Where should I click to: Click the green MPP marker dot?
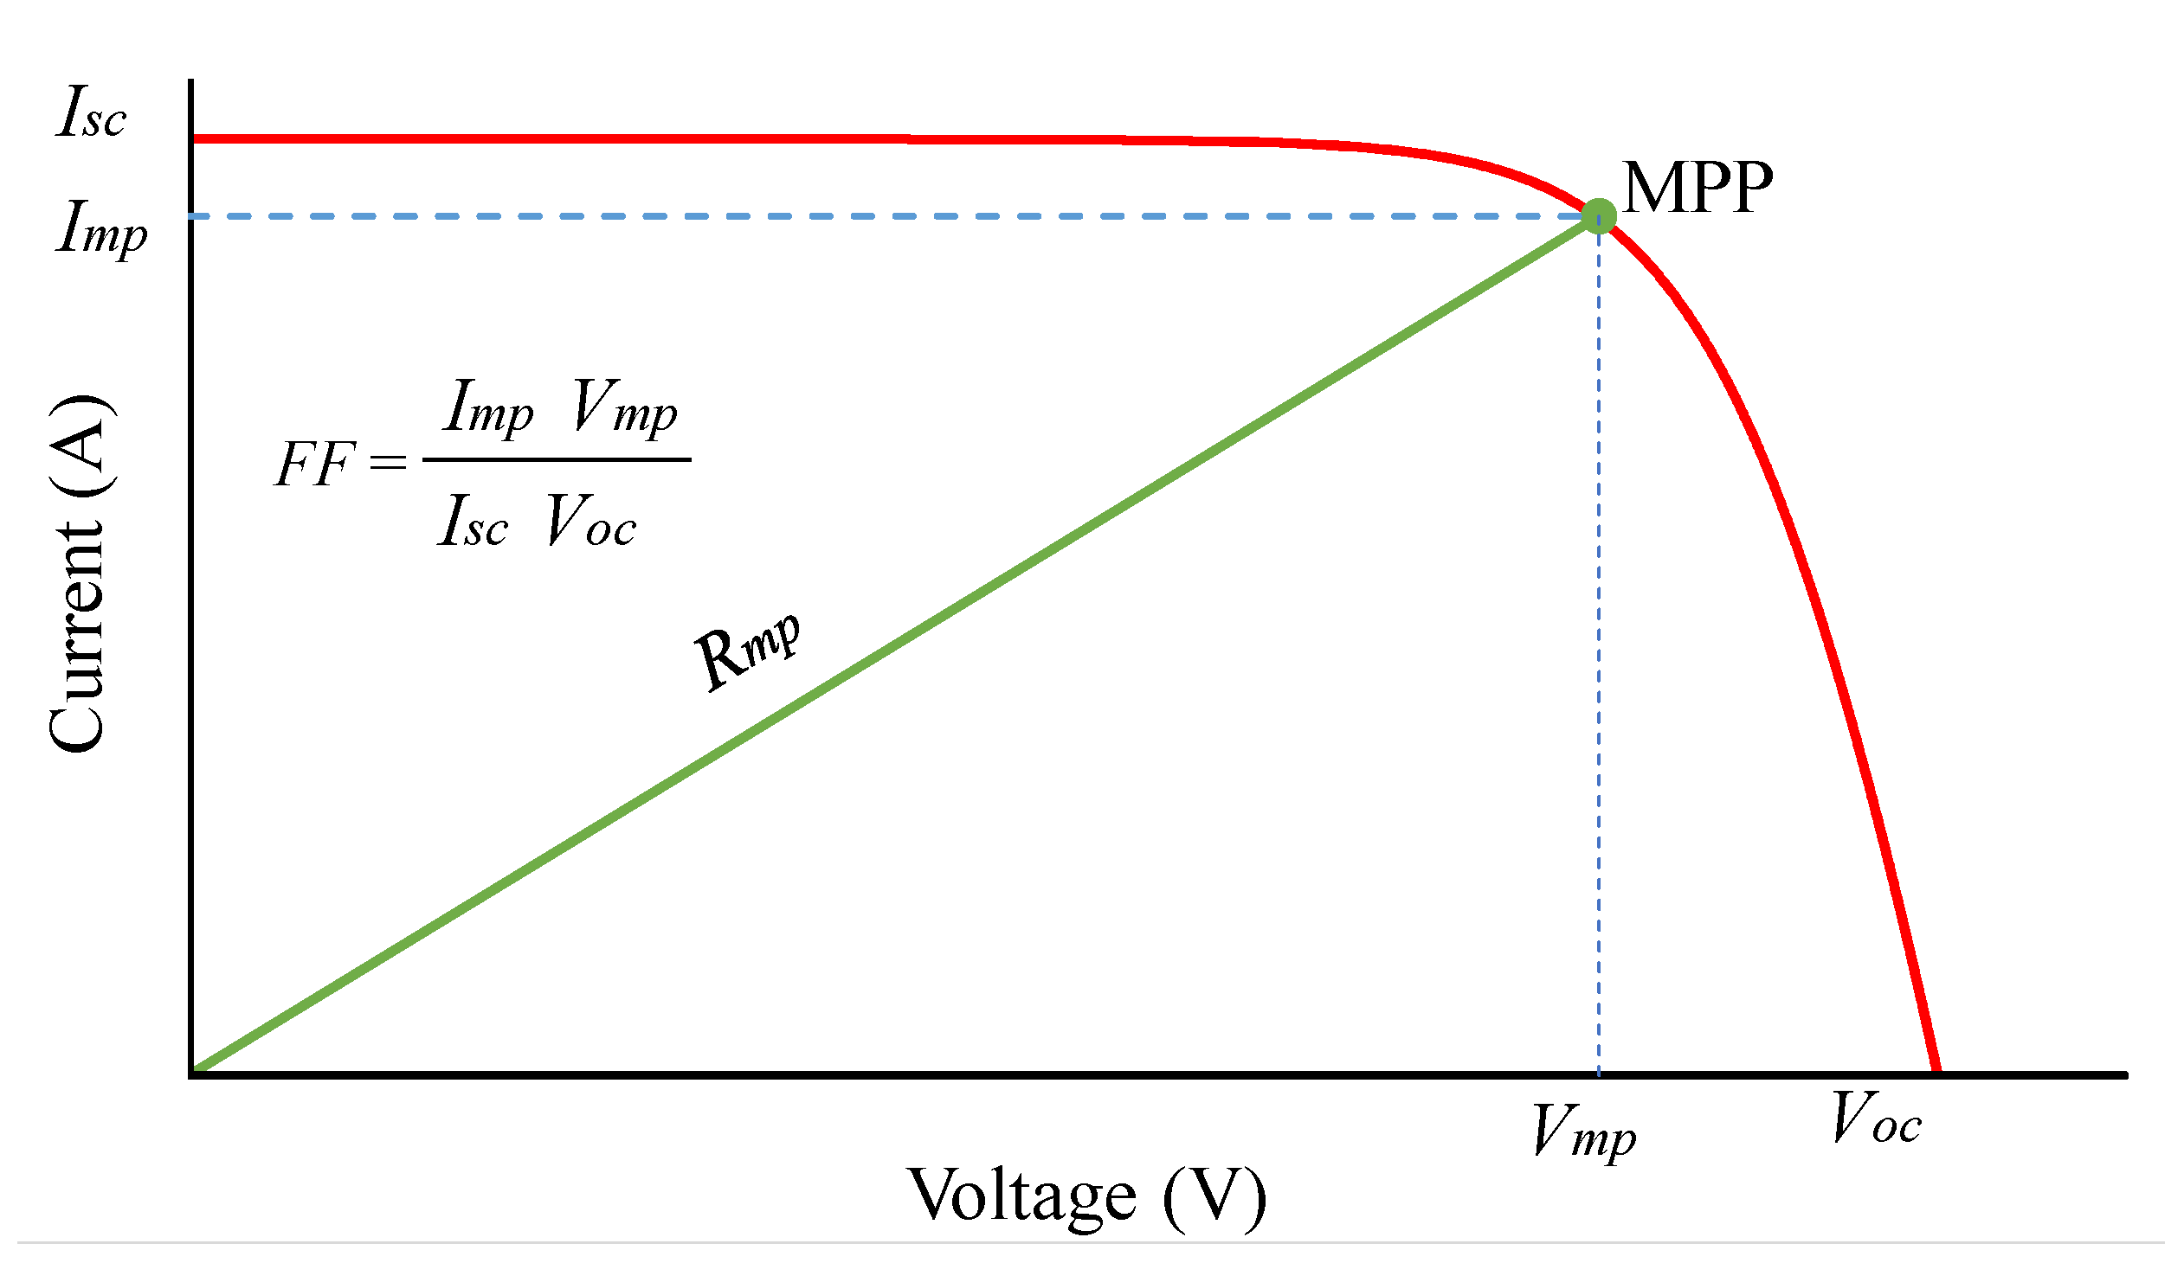[1598, 215]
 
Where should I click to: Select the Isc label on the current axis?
[92, 113]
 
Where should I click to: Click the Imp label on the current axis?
[101, 227]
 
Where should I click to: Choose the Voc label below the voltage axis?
[1877, 1119]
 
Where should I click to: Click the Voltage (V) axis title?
[1086, 1196]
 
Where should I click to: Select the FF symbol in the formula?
[314, 464]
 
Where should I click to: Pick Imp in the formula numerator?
[488, 407]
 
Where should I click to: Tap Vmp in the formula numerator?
[624, 407]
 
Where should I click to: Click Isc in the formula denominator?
[473, 522]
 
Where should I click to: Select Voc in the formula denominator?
[591, 522]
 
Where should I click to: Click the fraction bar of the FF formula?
[557, 460]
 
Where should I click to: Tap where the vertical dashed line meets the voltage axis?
[1599, 1074]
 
